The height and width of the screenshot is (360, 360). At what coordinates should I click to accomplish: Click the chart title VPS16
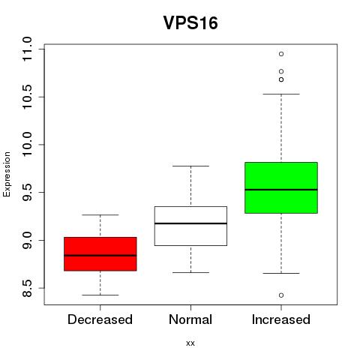click(190, 23)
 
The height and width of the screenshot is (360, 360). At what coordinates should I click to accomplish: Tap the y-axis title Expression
click(7, 174)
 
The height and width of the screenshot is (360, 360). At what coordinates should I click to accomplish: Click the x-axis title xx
click(190, 343)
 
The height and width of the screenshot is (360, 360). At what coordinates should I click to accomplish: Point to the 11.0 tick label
click(27, 49)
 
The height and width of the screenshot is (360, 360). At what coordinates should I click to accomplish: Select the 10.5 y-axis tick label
click(27, 97)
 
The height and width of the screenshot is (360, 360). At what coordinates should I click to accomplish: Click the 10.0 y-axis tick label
click(27, 145)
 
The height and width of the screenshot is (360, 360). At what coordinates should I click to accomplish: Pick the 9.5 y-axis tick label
click(27, 192)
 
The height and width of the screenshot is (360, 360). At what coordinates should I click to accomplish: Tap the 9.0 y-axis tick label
click(27, 240)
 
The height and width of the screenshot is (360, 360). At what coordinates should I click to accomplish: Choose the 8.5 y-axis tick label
click(27, 288)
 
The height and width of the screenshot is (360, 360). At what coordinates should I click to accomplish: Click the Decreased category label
click(100, 319)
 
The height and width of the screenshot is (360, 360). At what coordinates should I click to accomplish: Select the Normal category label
click(190, 319)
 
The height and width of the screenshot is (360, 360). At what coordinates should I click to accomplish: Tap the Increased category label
click(281, 319)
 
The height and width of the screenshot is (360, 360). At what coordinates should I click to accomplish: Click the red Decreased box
click(100, 254)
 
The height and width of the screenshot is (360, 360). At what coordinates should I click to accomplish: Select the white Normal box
click(190, 226)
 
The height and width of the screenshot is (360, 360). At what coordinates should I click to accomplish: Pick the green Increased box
click(281, 187)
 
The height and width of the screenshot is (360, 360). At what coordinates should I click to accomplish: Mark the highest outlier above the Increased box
click(281, 54)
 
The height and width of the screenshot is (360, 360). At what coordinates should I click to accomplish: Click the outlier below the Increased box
click(281, 295)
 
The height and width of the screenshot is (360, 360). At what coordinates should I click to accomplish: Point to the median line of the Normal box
click(190, 223)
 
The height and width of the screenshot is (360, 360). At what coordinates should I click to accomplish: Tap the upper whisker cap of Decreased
click(100, 214)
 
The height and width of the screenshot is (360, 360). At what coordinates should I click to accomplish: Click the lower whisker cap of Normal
click(190, 272)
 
